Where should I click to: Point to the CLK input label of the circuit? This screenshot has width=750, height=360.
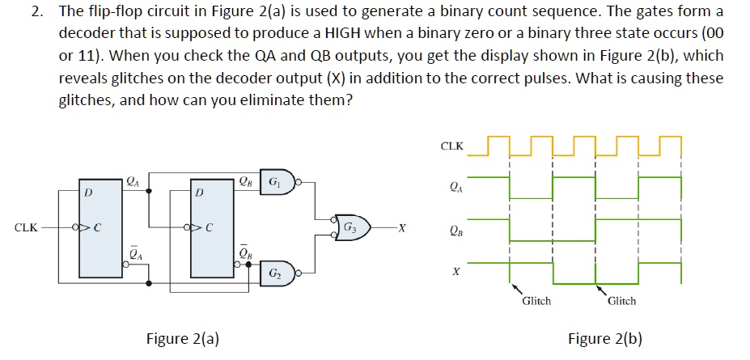(x=26, y=227)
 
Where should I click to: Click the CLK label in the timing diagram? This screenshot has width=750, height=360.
(x=451, y=146)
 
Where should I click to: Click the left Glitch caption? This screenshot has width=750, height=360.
(x=536, y=301)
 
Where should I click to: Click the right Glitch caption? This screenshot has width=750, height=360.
(x=621, y=301)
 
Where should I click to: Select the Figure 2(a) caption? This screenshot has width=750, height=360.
(x=182, y=339)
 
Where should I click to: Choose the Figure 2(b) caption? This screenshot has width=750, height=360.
(x=605, y=339)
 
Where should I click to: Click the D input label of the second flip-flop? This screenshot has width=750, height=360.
(x=199, y=193)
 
